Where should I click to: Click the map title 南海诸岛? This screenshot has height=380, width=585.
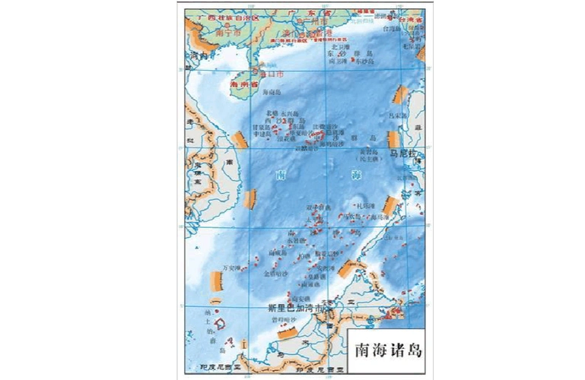tap(386, 352)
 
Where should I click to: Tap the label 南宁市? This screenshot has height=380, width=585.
tap(206, 33)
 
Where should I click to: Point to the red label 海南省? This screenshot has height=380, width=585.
tap(243, 86)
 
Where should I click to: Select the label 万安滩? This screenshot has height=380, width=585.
tap(231, 268)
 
